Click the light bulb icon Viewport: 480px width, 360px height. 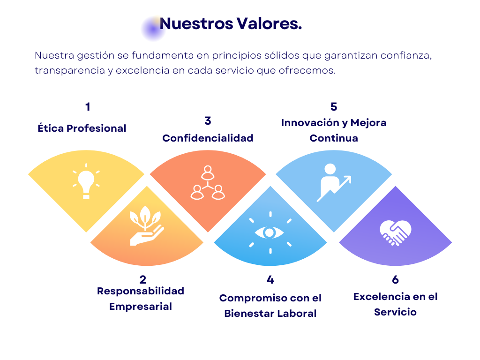coord(86,182)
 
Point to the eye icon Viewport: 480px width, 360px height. coord(270,232)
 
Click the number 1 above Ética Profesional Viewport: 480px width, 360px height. coord(88,107)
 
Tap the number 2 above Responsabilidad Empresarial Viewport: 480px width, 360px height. coord(143,280)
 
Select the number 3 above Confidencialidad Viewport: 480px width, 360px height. coord(208,121)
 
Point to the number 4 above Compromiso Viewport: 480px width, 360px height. coord(270,280)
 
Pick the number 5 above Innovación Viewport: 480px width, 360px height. coord(334,107)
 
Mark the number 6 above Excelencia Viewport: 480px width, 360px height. coord(395,280)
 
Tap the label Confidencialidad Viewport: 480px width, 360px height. coord(208,138)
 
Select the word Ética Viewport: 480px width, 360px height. coord(51,128)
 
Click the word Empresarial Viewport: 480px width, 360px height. coord(141,307)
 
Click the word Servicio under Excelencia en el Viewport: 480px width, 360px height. coord(395,312)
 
